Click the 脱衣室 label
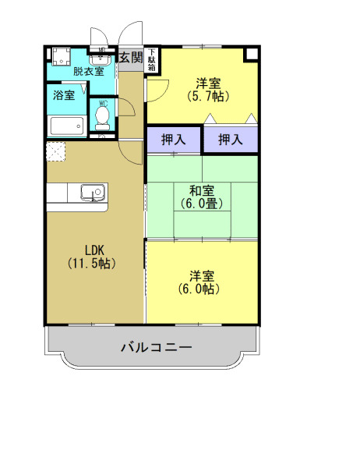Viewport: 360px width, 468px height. [x=88, y=72]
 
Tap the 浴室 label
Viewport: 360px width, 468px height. [x=64, y=96]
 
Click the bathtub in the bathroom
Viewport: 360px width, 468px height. [x=66, y=126]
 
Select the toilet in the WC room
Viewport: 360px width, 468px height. [x=101, y=117]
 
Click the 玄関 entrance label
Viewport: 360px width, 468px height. [x=131, y=57]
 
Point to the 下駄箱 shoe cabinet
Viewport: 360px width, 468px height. [x=151, y=60]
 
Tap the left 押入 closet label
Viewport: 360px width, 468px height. [x=173, y=140]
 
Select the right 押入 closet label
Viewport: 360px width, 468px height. [x=230, y=140]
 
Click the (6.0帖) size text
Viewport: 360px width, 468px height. [x=201, y=289]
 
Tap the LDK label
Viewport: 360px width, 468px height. [x=94, y=250]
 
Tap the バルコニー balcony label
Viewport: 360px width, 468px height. [x=156, y=347]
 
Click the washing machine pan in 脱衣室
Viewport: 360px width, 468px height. [x=61, y=58]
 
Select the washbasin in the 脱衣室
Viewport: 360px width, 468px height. [x=101, y=58]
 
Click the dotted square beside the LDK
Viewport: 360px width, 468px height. [x=56, y=151]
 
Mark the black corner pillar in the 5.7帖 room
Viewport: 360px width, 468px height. [x=250, y=55]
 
